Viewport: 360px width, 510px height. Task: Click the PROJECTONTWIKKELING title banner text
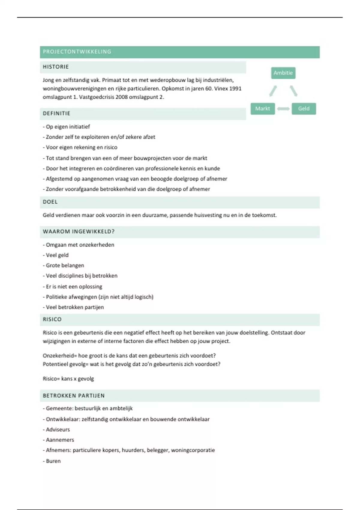click(x=77, y=52)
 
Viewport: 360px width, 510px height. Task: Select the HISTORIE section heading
click(x=56, y=67)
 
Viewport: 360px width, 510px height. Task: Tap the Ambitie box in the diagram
click(x=283, y=73)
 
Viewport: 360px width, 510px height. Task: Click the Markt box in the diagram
click(x=262, y=109)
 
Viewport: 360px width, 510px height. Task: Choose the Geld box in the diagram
click(x=304, y=109)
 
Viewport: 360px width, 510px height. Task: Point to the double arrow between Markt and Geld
click(x=283, y=109)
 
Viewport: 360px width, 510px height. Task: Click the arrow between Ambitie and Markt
click(x=273, y=91)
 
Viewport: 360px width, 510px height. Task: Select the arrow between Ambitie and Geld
click(x=293, y=91)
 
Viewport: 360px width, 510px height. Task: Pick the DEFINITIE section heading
click(x=56, y=113)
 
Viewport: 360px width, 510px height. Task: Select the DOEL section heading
click(x=50, y=202)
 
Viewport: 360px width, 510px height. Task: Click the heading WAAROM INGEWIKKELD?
click(x=79, y=232)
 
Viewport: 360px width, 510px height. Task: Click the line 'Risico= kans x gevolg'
click(x=68, y=379)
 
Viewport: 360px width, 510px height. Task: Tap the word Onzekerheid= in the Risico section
click(x=60, y=355)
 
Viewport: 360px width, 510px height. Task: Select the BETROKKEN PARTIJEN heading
click(x=73, y=396)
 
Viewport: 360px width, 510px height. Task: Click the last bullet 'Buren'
click(x=53, y=461)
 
